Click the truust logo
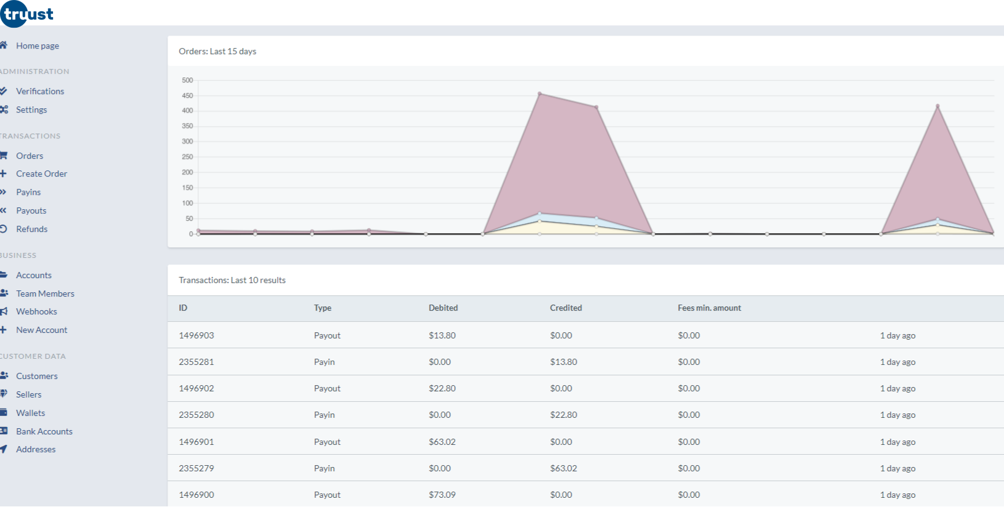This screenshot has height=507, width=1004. coord(27,14)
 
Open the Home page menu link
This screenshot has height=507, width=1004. coord(37,46)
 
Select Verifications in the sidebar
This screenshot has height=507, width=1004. coord(39,91)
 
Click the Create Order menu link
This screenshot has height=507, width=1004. coord(41,174)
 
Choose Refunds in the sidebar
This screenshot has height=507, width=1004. coord(31,229)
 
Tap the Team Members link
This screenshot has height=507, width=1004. coord(45,293)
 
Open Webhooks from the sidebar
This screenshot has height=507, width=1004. coord(36,311)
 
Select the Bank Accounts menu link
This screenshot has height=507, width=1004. coord(44,431)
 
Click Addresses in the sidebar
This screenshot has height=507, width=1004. coord(36,449)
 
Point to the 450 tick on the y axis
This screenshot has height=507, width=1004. coord(187,95)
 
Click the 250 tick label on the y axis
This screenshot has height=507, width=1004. coord(187,157)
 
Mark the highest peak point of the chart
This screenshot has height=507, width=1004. coord(540,94)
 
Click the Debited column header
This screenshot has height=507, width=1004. coord(443,308)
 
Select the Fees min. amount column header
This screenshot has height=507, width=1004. coord(709,308)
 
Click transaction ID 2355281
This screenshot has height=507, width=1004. coord(196,362)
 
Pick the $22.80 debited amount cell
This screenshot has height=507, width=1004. coord(442,388)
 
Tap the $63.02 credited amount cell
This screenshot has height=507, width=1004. coord(563,468)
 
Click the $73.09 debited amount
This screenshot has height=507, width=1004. coord(442,495)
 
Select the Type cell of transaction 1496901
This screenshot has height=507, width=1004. coord(327,442)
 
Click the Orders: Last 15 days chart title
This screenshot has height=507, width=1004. coord(217,51)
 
